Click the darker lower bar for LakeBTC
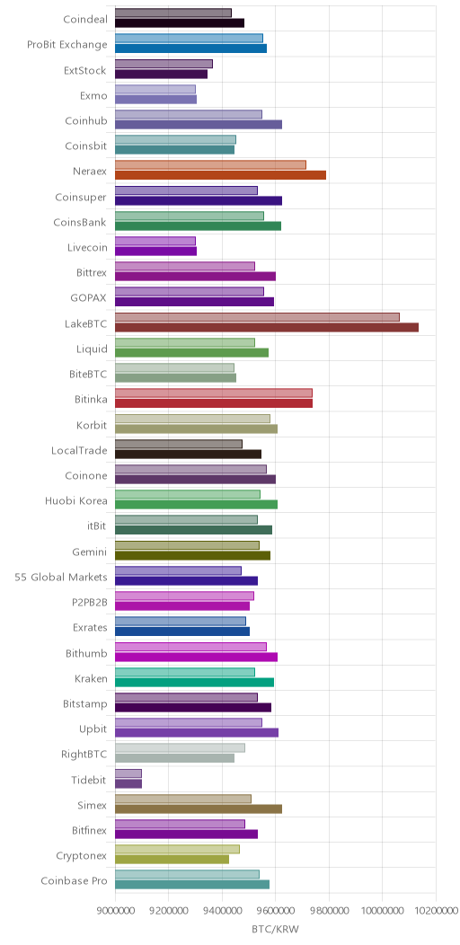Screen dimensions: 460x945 267,327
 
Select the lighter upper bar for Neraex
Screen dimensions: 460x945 210,165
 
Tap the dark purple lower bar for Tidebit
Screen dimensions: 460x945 128,783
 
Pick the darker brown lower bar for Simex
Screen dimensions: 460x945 199,808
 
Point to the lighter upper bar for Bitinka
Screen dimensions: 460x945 214,393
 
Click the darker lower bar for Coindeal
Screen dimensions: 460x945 180,22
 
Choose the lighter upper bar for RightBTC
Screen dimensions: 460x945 180,748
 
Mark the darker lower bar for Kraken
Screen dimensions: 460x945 194,682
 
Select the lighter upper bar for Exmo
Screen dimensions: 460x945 155,89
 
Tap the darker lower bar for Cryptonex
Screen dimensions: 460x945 172,860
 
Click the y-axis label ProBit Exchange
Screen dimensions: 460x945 67,45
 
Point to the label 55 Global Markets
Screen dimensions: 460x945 61,578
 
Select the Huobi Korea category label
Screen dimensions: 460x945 76,501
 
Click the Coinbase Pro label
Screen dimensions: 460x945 75,881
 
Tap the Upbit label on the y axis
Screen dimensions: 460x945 94,729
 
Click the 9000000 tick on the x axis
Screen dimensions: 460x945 114,909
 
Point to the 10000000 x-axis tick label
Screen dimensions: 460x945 382,909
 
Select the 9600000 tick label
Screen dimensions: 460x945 276,909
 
